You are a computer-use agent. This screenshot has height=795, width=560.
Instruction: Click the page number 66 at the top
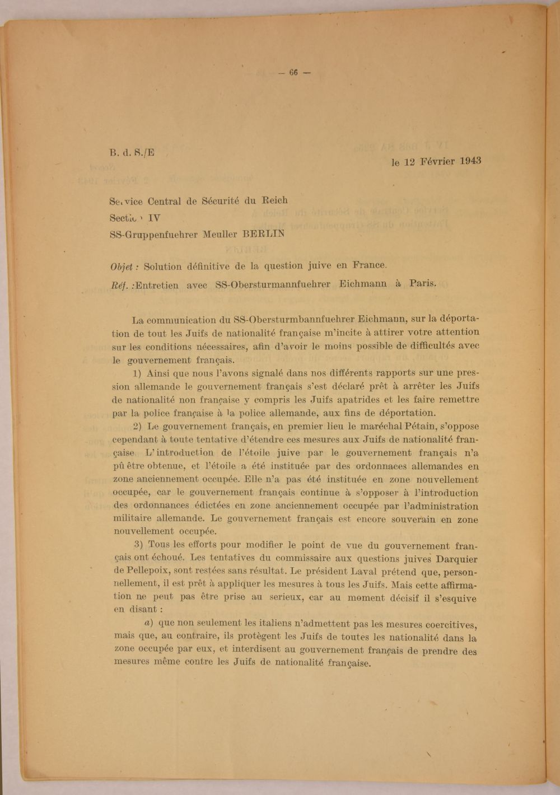[x=293, y=72]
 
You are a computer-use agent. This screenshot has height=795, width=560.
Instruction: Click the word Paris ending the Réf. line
[x=422, y=283]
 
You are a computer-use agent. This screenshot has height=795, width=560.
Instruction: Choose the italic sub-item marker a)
[x=150, y=623]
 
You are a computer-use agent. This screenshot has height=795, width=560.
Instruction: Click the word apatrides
[x=348, y=400]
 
